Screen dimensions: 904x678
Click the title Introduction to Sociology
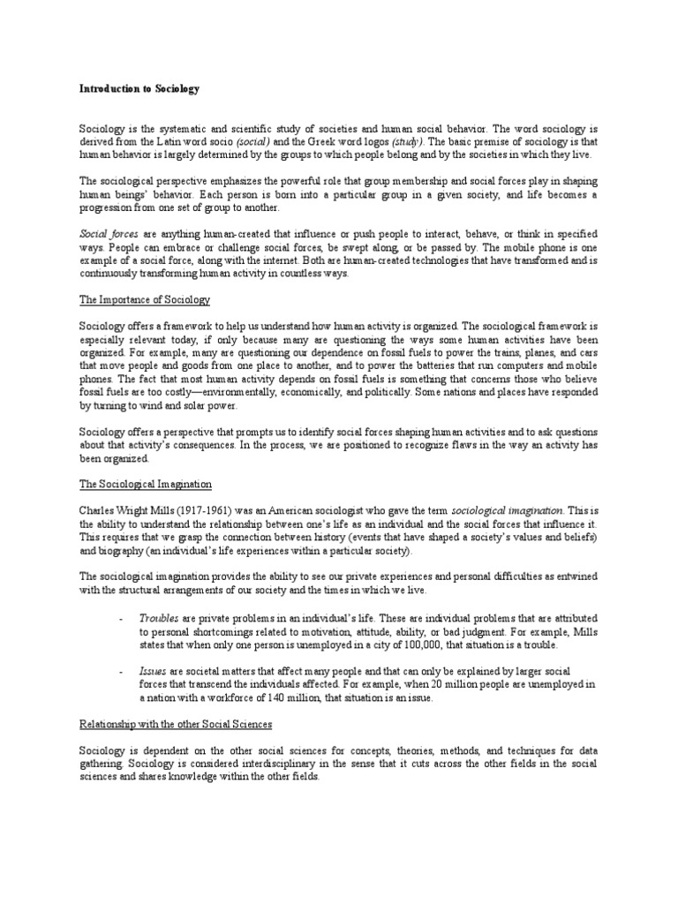(139, 89)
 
